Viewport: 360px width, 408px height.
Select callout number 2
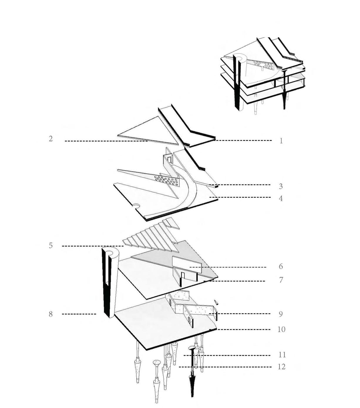pos(51,139)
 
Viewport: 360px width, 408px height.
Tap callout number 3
pos(281,186)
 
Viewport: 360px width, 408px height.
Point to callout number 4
pos(281,199)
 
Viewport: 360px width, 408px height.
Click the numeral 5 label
pos(51,246)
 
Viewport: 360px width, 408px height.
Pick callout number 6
pos(281,266)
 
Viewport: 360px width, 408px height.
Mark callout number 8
pos(51,314)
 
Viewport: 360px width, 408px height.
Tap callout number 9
pos(281,314)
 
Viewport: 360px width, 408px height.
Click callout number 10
pos(282,329)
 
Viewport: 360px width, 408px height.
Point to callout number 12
pos(282,367)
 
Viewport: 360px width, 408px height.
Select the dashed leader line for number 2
pos(106,141)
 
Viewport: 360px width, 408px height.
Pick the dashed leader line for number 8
pos(79,314)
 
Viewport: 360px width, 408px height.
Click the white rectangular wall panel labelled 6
pos(187,265)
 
